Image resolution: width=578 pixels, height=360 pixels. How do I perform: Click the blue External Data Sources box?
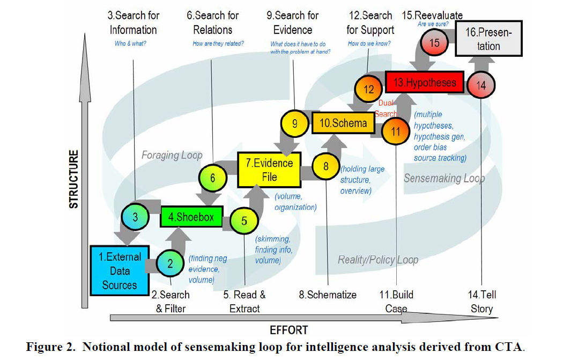coord(120,270)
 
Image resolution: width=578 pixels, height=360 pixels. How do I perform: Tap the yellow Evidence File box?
coord(269,170)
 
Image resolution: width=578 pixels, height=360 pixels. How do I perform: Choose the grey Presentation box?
coord(488,40)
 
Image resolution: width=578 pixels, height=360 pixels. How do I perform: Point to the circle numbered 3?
coord(136,217)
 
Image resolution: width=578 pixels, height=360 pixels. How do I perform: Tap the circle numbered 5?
coord(244,221)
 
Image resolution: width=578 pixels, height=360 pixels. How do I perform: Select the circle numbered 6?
coord(213,178)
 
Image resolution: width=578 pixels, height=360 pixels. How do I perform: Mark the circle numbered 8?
coord(325,166)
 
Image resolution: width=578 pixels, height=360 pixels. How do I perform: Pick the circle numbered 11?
coord(396,132)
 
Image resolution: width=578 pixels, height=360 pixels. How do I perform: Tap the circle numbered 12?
coord(369,90)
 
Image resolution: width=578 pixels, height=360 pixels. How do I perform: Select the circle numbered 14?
coord(481,86)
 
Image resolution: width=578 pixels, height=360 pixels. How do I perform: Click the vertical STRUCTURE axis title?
coord(74,179)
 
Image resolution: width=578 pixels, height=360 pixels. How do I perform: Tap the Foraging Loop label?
coord(172,155)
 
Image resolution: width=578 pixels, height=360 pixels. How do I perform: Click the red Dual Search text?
coord(386,108)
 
